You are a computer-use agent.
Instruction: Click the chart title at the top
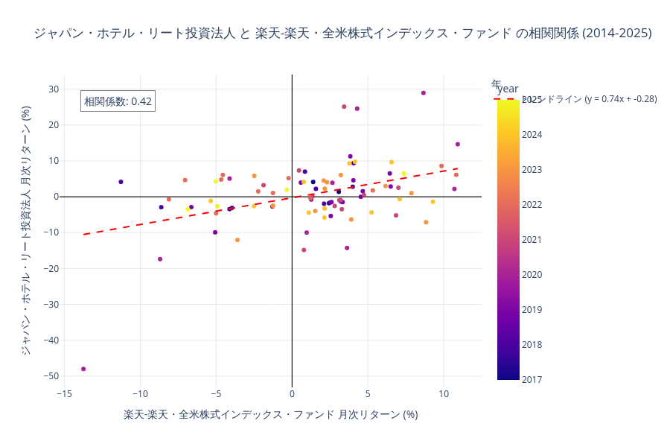tap(342, 34)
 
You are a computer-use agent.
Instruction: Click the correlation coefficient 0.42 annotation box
tap(118, 101)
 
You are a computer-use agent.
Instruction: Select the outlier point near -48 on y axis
tap(83, 369)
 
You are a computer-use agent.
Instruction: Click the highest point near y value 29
tap(424, 93)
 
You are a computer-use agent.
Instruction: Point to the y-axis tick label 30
tap(53, 89)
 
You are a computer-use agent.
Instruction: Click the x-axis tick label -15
tap(64, 394)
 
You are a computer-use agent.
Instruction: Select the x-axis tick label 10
tap(444, 394)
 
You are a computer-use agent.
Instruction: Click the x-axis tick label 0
tap(292, 394)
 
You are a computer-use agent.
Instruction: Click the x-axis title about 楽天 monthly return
tap(271, 415)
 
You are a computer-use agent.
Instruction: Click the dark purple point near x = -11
tap(121, 182)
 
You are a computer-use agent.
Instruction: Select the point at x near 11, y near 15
tap(458, 145)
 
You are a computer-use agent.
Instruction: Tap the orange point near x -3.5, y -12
tap(237, 240)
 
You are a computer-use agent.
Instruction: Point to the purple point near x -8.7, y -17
tap(160, 259)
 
